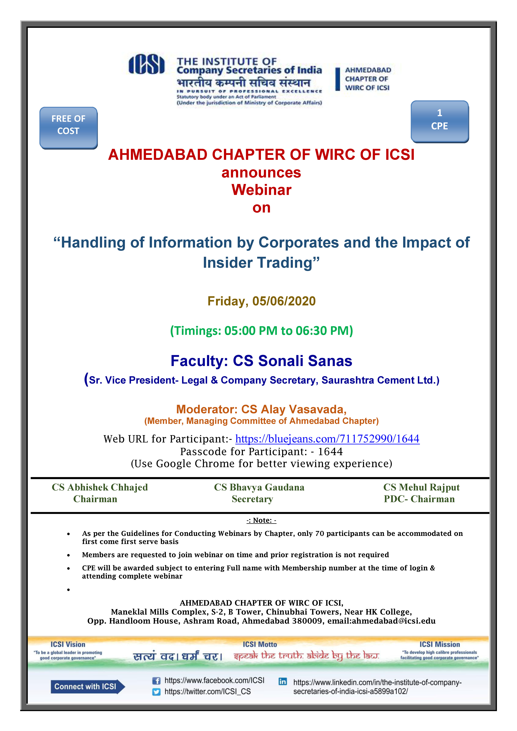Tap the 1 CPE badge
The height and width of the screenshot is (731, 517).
[440, 121]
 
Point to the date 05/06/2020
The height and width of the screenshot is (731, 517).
[284, 301]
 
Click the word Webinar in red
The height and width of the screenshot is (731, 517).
[261, 190]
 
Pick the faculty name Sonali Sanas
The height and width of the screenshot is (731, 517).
[305, 361]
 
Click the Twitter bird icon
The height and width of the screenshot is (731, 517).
[156, 692]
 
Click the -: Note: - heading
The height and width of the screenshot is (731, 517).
[261, 520]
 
